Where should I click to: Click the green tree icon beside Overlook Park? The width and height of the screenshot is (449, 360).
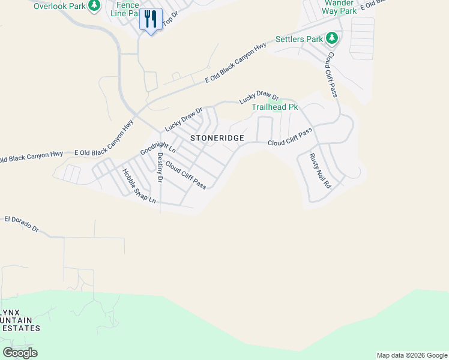click(94, 5)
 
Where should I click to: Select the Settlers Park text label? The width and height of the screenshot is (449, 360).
click(299, 40)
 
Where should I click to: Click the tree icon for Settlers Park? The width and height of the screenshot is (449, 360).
click(332, 39)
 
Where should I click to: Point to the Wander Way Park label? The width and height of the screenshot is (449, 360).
click(338, 7)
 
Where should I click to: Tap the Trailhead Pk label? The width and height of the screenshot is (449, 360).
click(274, 107)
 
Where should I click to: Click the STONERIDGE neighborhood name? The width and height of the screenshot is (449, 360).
click(217, 138)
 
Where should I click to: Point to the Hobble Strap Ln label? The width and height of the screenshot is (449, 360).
click(139, 185)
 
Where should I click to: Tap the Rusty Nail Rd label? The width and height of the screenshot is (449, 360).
click(320, 172)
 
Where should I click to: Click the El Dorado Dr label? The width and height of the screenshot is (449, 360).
click(21, 224)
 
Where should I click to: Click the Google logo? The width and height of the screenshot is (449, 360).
click(20, 353)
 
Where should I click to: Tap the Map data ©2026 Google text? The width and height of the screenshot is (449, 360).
click(411, 355)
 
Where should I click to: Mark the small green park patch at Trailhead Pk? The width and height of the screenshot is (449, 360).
click(277, 107)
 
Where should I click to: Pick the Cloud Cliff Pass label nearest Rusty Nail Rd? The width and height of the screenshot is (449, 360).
click(290, 137)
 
